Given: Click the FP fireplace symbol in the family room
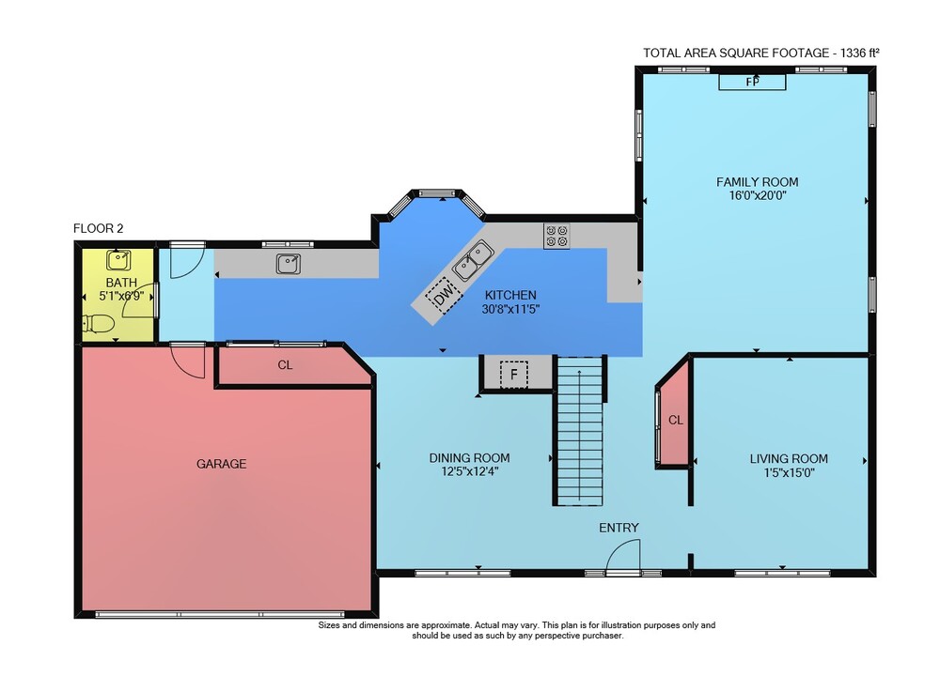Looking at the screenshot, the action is [x=752, y=82].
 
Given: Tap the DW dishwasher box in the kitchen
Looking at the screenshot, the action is [x=444, y=295].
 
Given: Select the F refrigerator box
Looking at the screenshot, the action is [x=514, y=375].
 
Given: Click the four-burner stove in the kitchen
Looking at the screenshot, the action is [x=556, y=236].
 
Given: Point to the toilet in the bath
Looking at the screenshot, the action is [x=99, y=324].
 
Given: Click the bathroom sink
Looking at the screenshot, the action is [x=118, y=260].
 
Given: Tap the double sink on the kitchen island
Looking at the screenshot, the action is [x=473, y=261].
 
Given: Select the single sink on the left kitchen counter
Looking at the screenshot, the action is [x=289, y=264].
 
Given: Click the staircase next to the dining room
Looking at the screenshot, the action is [x=579, y=431].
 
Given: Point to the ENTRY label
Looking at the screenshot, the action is [x=619, y=528].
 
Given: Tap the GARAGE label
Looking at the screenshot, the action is [x=221, y=464].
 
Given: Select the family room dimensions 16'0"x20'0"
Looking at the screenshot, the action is [x=757, y=195].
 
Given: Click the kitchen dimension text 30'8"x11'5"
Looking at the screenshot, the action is [x=510, y=310].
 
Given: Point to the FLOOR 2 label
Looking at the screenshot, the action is [x=99, y=228].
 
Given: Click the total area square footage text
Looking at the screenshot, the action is [x=761, y=53].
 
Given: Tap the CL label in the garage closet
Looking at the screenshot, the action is [x=285, y=365].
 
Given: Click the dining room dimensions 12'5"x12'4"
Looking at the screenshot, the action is [x=470, y=471].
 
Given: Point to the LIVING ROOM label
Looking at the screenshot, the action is [x=789, y=458].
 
